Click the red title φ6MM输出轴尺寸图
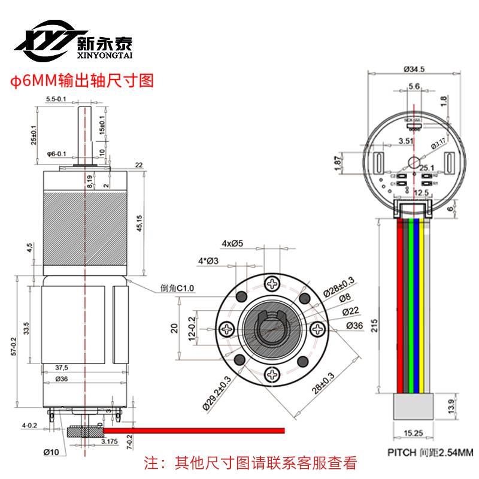point(79,81)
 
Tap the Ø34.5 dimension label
point(414,69)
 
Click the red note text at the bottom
point(251,463)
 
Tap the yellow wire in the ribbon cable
point(423,305)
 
